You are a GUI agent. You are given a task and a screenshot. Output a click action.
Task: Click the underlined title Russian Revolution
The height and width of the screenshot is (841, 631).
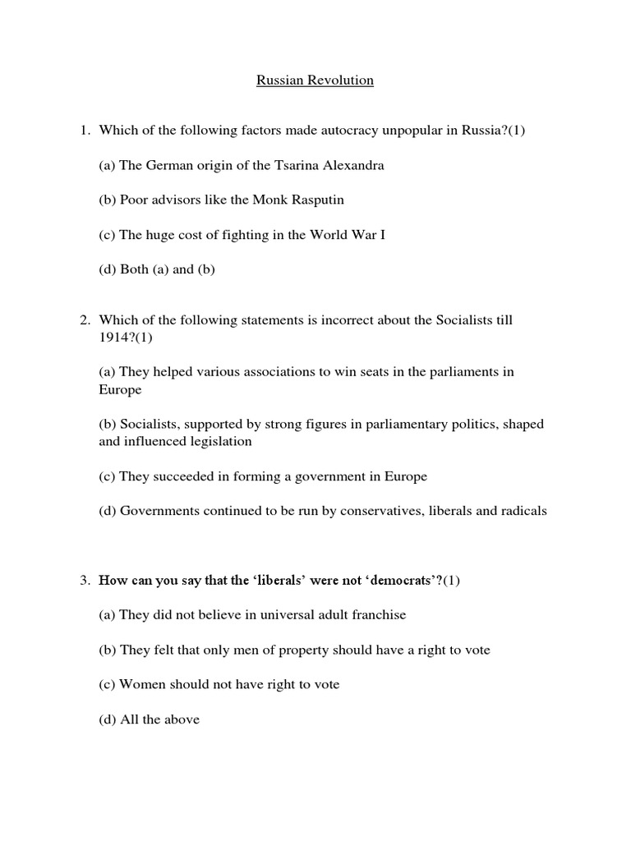point(315,80)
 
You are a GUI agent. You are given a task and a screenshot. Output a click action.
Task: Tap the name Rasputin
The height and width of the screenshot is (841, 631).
point(293,200)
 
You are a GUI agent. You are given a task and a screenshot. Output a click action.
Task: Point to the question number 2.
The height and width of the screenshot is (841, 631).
point(84,320)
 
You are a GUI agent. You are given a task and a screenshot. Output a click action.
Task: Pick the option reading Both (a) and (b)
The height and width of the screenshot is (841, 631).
point(157,269)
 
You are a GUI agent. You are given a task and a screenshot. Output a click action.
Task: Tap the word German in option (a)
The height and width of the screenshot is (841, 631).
point(169,165)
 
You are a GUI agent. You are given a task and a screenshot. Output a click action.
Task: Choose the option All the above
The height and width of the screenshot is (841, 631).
point(150,720)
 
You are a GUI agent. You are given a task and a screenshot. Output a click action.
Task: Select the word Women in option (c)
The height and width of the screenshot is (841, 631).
point(140,685)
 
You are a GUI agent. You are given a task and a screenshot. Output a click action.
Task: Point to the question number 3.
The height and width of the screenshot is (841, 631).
point(84,581)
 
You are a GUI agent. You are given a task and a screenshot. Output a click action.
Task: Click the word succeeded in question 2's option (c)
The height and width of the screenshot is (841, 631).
point(177,476)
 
